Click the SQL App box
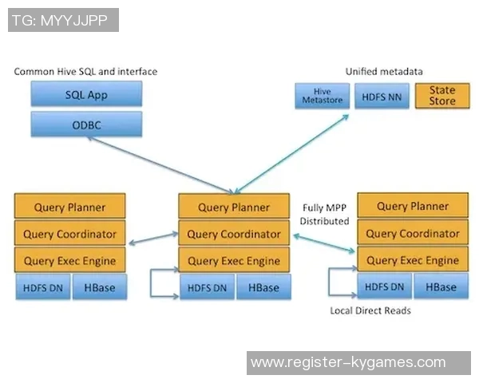[86, 94]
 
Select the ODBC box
[86, 124]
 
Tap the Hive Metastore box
[322, 96]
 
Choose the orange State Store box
[441, 96]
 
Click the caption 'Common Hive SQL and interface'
[85, 72]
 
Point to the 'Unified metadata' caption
[383, 72]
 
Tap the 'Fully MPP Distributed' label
[325, 214]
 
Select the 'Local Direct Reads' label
[370, 310]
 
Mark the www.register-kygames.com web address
[348, 363]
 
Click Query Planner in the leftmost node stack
[70, 207]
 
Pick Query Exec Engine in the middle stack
[233, 261]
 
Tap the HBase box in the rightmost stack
[441, 286]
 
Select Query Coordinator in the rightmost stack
[412, 233]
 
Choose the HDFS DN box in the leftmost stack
[42, 286]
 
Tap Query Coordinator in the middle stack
[233, 234]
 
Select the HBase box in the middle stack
[263, 287]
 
